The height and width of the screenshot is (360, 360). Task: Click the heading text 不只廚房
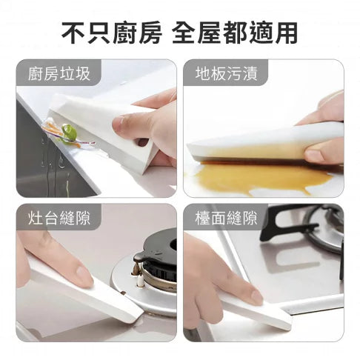[112, 33]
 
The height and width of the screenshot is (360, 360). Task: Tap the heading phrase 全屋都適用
[235, 33]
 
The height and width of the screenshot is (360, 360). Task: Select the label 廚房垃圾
[59, 73]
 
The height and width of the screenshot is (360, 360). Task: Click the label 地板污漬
[227, 73]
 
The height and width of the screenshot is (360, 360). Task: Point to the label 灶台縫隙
[59, 219]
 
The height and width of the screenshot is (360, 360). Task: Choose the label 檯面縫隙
[227, 219]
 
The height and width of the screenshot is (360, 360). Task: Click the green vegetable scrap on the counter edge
[69, 132]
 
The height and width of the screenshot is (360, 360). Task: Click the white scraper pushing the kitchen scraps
[104, 128]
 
